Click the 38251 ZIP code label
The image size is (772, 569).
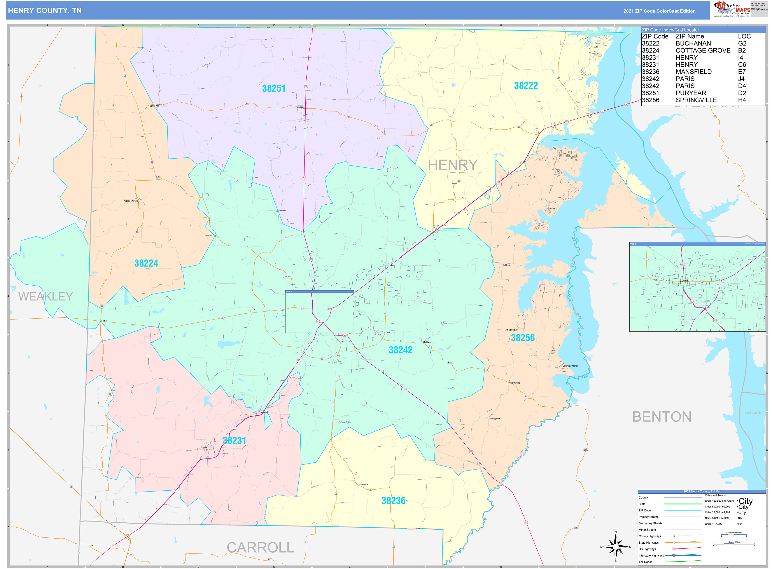coord(274,88)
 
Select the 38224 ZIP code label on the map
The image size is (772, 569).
coord(146,263)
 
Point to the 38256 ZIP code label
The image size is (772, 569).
coord(522,338)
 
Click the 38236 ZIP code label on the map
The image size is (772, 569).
coord(393,501)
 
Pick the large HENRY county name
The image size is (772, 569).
coord(452,165)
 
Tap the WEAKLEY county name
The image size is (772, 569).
coord(46,297)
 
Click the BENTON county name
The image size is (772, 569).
coord(662,417)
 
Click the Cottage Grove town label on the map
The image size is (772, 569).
coord(131,201)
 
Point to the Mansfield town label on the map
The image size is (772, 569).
coord(363,485)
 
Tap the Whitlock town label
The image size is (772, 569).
coord(282,211)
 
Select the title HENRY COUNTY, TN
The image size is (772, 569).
coord(45,11)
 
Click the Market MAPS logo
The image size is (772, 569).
coord(732,9)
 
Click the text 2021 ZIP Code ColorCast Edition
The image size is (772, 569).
coord(659,11)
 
